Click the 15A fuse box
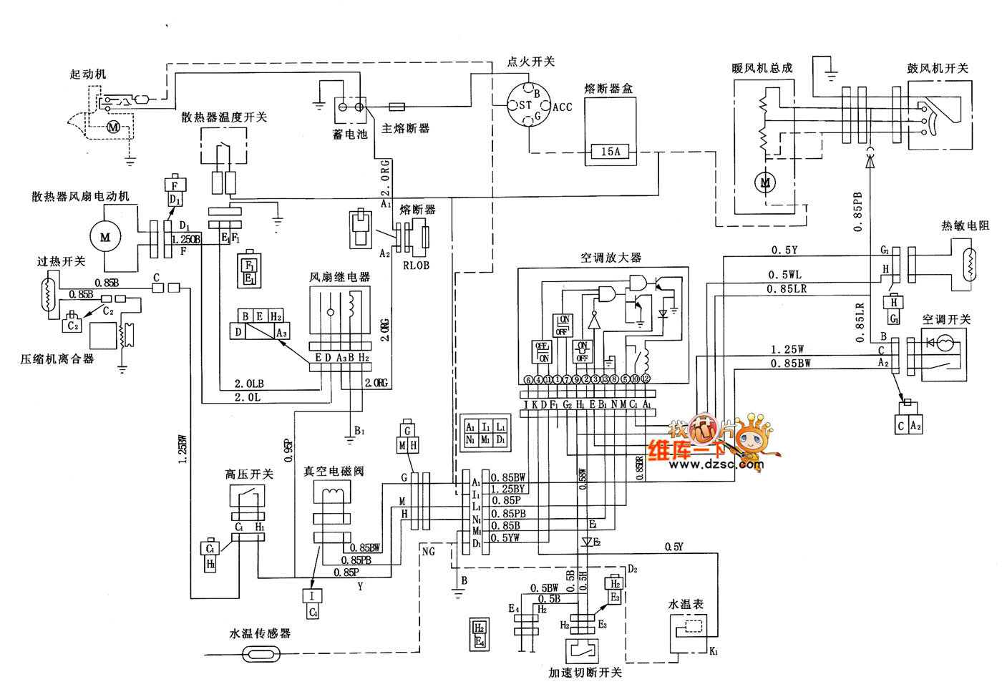point(611,152)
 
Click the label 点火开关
point(530,62)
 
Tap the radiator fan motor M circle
point(105,237)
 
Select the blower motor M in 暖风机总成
point(765,182)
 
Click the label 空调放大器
point(611,258)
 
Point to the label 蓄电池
point(350,134)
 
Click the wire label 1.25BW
point(183,449)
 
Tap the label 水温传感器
point(260,633)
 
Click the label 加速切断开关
point(585,673)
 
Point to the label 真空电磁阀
point(334,471)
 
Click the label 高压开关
point(249,474)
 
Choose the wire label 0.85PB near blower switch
point(857,211)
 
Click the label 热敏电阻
point(965,225)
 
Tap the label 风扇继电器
point(339,277)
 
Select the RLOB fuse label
point(416,265)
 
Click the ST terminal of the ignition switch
point(525,104)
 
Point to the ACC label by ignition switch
point(563,107)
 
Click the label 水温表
point(686,604)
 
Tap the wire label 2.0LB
point(249,384)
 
